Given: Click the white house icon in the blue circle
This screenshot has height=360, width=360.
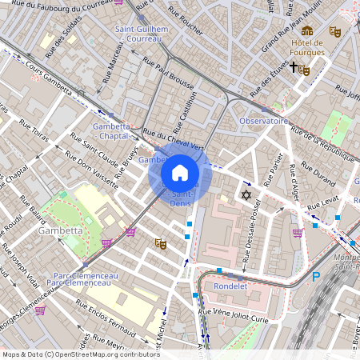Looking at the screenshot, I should pos(179,173).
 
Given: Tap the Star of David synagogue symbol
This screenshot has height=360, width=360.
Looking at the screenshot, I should pos(246,195).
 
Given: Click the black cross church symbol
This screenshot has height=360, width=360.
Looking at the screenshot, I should pos(294,68).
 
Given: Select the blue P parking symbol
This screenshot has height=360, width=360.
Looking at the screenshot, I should pos(316,277).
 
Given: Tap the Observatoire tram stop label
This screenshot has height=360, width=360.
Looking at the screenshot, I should pos(263,121).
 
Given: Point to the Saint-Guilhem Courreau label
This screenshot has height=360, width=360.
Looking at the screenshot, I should pos(142,33).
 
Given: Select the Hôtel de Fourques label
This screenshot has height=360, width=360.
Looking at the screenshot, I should pos(307,47).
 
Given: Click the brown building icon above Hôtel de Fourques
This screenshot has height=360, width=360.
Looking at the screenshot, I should pos(307,30).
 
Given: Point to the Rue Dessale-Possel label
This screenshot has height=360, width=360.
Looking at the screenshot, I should pos(255,228).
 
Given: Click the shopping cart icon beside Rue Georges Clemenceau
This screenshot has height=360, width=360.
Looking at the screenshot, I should pos(40,310).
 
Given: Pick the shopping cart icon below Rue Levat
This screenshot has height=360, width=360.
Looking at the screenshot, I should pos(298,233).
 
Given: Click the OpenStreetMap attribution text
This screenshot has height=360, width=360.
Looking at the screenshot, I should pos(81,354).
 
